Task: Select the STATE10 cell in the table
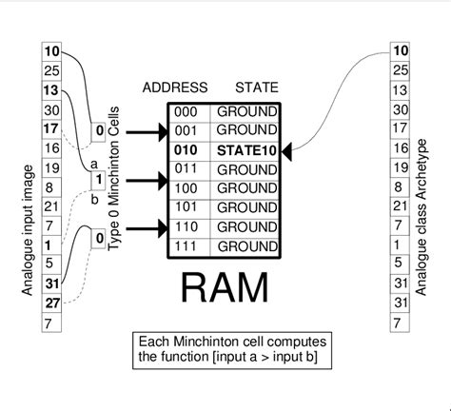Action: tap(246, 149)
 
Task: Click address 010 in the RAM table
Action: tap(186, 149)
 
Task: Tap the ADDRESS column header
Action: tap(175, 88)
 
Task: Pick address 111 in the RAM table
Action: tap(186, 245)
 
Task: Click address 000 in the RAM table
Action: tap(186, 111)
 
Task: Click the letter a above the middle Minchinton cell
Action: tap(93, 162)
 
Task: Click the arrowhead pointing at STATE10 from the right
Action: tap(288, 149)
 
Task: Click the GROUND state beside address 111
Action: tap(246, 245)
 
